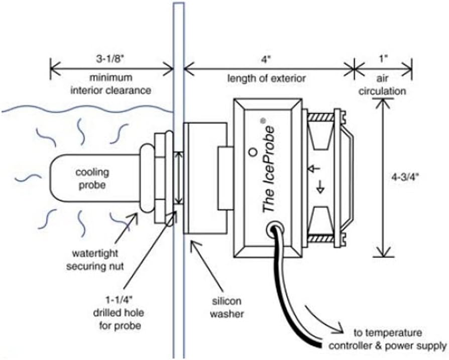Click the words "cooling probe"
point(92,178)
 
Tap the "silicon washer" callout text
point(226,307)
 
